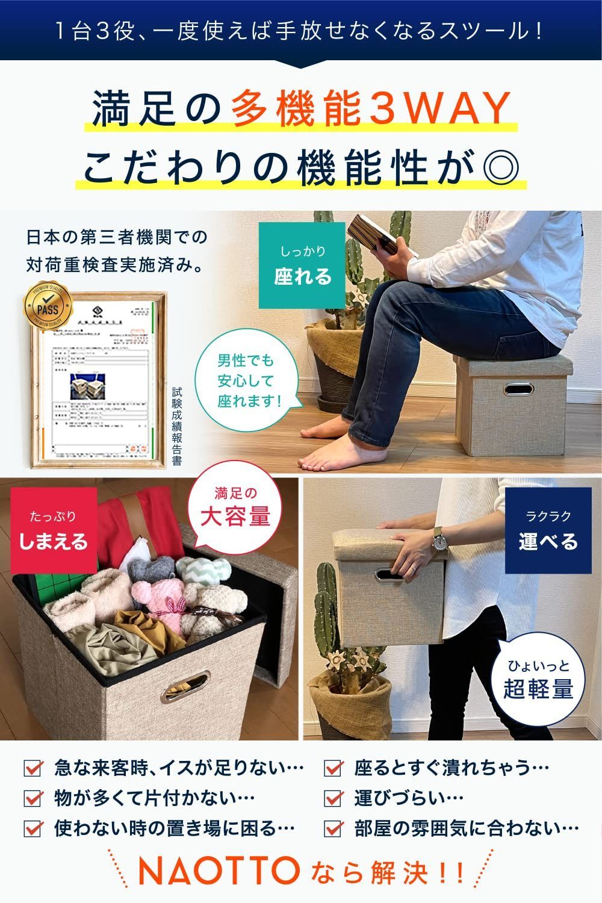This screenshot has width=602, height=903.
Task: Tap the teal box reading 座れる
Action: pos(302,265)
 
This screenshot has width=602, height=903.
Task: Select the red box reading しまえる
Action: pos(54,530)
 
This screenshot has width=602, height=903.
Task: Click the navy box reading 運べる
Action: pos(548,530)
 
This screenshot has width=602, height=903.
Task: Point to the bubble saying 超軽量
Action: pos(538,680)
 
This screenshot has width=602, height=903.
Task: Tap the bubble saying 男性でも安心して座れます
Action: pos(246,380)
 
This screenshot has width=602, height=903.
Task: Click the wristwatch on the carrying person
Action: pos(441,539)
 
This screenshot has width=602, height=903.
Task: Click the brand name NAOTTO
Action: pos(219,871)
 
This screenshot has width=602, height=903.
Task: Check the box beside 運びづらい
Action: pos(333,798)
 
